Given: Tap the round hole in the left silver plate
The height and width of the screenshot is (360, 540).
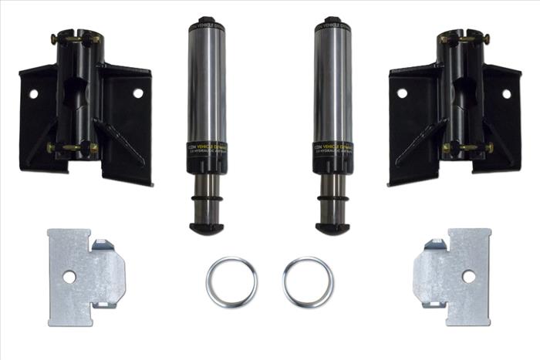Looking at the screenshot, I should (x=69, y=276).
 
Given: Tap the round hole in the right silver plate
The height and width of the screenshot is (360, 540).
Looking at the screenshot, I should (x=468, y=275).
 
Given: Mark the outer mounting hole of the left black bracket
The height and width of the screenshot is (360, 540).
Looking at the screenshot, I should (x=33, y=94).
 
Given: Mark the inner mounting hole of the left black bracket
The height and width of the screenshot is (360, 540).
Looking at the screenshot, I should (x=138, y=93).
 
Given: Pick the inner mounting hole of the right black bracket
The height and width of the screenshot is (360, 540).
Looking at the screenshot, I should (x=402, y=93).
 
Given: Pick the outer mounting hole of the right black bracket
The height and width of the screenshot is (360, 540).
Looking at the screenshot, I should (x=507, y=94).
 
